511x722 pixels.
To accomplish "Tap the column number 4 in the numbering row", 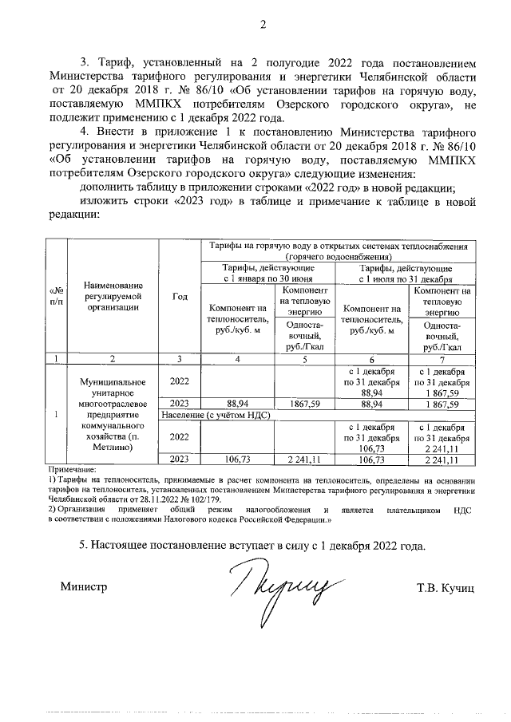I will [x=237, y=358].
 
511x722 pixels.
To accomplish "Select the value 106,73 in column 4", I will [x=237, y=460].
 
